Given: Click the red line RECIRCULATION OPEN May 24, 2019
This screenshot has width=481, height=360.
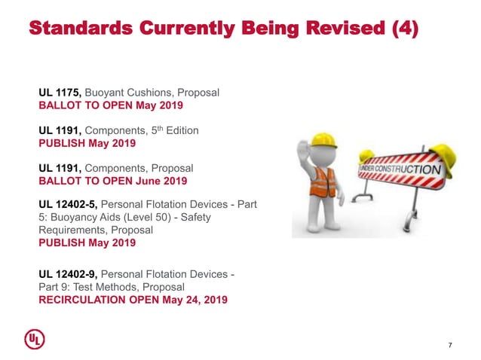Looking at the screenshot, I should pos(133,300).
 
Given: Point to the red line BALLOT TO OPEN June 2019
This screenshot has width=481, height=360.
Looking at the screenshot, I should pos(113,181).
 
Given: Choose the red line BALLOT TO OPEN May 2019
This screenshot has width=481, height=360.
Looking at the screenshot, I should pos(111,105).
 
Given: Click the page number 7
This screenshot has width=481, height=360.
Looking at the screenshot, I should pos(450,345).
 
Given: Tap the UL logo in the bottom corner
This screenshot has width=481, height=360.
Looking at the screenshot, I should pos(35,340).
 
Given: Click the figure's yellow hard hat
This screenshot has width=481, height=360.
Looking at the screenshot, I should pos(323,140).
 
